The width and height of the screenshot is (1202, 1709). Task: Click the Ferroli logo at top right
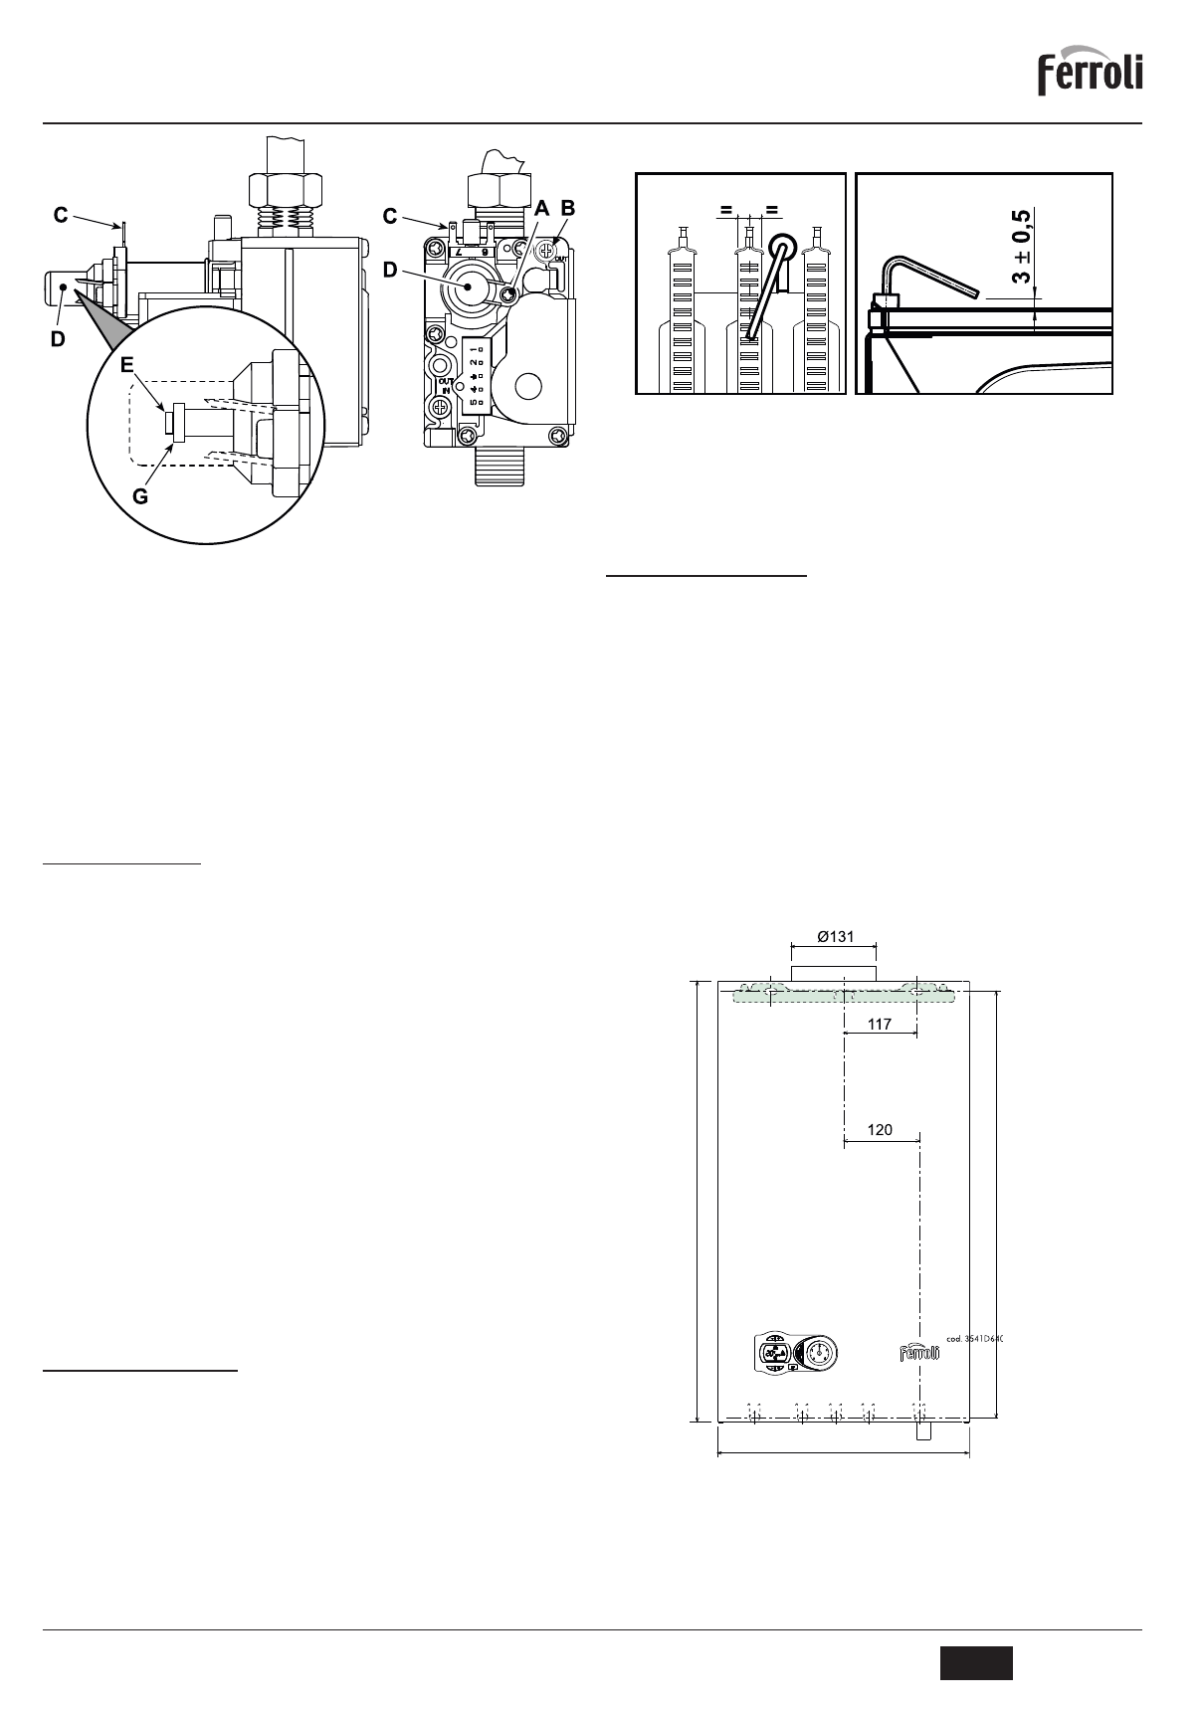click(x=1091, y=74)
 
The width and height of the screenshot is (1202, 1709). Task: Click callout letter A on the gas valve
click(x=541, y=209)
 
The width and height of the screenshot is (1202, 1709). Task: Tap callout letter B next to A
click(x=568, y=209)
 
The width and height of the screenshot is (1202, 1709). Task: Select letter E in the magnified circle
click(x=126, y=365)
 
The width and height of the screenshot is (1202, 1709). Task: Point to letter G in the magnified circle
click(x=140, y=495)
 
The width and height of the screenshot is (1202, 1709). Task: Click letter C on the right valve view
click(x=390, y=215)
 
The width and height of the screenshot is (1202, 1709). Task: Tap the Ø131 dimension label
click(x=835, y=937)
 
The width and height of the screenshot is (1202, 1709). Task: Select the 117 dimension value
click(x=879, y=1024)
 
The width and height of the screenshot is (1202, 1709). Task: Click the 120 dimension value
click(x=880, y=1130)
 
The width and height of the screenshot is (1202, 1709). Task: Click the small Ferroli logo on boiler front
click(x=920, y=1353)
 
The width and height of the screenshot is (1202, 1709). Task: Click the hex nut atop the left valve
click(x=284, y=187)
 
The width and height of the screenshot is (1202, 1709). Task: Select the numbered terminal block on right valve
click(x=477, y=373)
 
